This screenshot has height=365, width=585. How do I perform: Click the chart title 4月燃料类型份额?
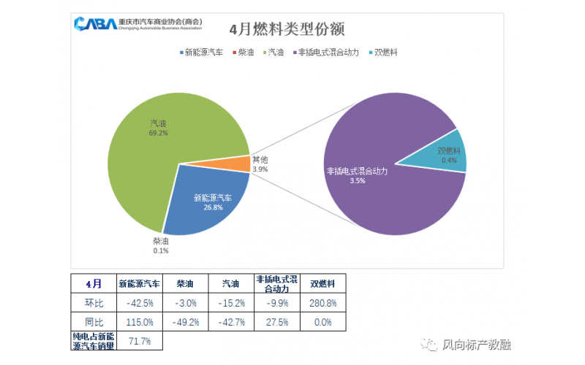click(287, 29)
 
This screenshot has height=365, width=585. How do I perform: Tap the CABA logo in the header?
click(94, 24)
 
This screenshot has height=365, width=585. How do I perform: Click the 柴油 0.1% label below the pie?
click(161, 245)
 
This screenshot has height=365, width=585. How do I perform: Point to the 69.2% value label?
click(159, 134)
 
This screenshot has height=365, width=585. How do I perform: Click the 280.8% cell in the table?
click(322, 303)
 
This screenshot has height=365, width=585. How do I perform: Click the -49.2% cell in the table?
click(185, 321)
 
